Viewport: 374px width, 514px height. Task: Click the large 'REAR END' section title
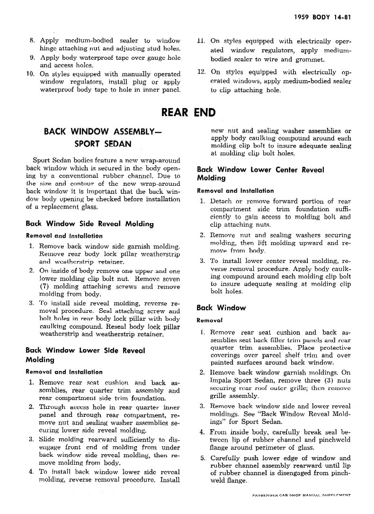tap(188, 112)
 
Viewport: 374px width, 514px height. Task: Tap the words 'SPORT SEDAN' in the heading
tap(103, 143)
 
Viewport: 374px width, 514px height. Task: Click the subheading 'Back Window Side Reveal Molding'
tap(90, 224)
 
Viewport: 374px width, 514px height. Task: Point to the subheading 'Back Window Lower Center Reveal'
tap(260, 169)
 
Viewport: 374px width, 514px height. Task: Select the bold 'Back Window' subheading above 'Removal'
tap(221, 307)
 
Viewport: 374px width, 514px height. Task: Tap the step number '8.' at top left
tap(32, 41)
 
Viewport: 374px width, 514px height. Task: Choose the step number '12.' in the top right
tap(202, 72)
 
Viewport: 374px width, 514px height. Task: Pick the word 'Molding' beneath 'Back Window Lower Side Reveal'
tap(37, 360)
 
